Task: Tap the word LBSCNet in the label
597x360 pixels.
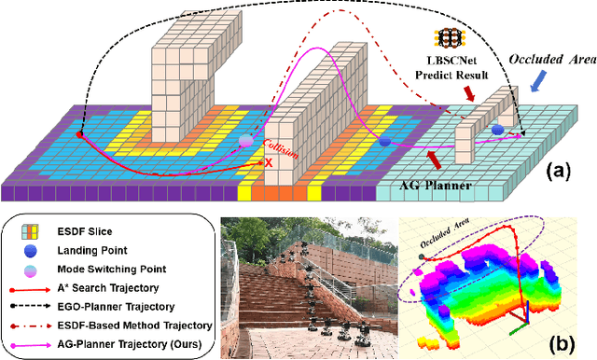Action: click(x=449, y=60)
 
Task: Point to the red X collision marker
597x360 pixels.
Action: click(x=269, y=162)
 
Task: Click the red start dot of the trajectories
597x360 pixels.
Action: click(x=79, y=134)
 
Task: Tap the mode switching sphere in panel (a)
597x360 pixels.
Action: click(x=245, y=140)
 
